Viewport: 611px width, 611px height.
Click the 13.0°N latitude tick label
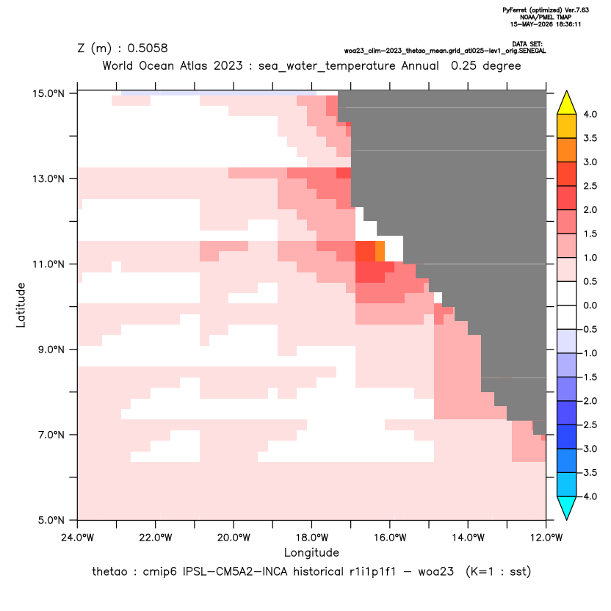[x=48, y=179]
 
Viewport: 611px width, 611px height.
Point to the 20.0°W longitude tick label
[x=234, y=538]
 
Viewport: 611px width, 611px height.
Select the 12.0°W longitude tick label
[x=546, y=538]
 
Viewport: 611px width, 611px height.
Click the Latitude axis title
[x=21, y=305]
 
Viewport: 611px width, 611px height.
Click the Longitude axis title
[x=311, y=552]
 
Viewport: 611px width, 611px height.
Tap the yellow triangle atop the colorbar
[x=567, y=102]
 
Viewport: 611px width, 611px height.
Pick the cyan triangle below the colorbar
[x=567, y=508]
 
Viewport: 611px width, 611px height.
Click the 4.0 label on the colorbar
[x=590, y=114]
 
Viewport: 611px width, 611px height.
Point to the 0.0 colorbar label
[x=590, y=305]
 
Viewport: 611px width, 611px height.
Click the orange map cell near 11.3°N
[x=380, y=251]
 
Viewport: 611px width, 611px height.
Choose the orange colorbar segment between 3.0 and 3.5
[x=567, y=150]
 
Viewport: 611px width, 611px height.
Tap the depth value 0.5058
[x=148, y=48]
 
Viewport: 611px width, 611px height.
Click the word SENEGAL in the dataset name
[x=534, y=51]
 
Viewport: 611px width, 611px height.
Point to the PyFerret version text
[x=546, y=10]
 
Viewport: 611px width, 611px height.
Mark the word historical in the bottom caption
[x=318, y=571]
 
